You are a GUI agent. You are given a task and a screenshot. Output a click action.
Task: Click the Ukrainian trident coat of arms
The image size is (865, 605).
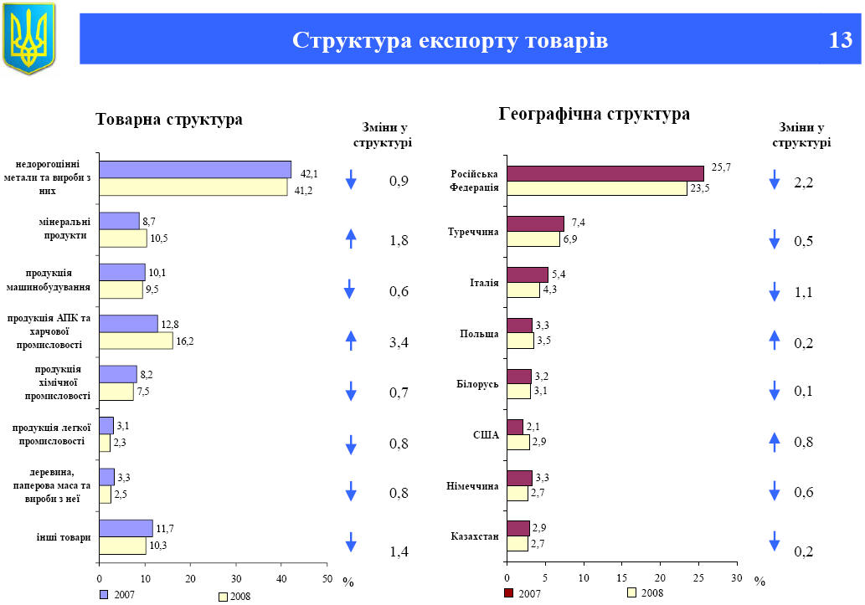point(29,37)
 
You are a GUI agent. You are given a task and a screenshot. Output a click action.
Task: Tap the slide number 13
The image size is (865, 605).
point(840,40)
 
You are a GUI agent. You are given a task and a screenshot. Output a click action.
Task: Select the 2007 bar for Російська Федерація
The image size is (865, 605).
point(605,173)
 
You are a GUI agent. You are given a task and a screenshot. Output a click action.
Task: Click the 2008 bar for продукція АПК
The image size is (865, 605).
point(136,341)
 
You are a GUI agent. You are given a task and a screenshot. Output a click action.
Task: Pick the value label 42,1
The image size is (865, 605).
point(309,174)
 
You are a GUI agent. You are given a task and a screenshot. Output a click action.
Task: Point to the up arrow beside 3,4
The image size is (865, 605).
point(351,340)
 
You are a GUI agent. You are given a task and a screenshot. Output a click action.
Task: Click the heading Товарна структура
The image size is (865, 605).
point(169,120)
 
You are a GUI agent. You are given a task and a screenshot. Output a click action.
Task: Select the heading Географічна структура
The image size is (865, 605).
point(594,114)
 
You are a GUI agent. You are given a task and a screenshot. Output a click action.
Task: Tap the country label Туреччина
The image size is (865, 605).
point(473,231)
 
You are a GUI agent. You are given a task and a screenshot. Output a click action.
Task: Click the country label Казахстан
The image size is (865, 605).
point(474,536)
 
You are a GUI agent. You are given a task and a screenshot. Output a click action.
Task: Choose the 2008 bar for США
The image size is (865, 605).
point(517,442)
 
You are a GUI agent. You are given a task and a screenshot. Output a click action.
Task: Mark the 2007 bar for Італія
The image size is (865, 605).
point(527,274)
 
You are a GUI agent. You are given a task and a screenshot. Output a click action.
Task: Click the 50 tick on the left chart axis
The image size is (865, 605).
point(327,578)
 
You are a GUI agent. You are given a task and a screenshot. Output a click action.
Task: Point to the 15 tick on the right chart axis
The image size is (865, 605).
point(621,578)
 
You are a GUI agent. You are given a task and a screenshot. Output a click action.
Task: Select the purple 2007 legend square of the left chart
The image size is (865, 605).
point(104,594)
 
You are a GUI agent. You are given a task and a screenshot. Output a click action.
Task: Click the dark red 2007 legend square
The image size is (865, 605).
point(508,593)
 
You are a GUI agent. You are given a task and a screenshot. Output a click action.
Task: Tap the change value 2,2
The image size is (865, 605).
point(803,183)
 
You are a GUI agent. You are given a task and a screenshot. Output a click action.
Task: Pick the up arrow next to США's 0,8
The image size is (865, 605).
point(775,439)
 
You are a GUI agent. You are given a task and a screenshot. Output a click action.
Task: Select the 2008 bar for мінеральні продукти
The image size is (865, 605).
point(122,238)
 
